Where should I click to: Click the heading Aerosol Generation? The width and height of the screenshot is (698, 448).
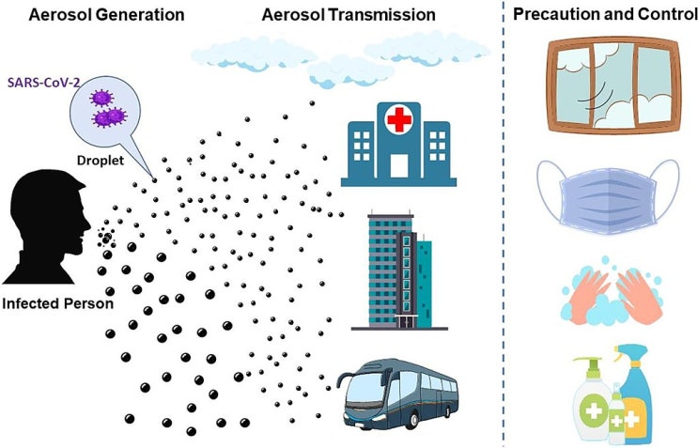tap(106, 15)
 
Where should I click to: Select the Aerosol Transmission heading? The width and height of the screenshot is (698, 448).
tap(349, 15)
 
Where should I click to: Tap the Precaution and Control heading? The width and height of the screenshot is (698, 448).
tap(605, 14)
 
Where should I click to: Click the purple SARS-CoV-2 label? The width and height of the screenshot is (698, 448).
tap(43, 83)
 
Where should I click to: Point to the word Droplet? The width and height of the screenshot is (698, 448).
tap(101, 161)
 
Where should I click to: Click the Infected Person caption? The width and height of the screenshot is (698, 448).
tap(58, 303)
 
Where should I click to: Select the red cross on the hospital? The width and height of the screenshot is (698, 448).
tap(399, 119)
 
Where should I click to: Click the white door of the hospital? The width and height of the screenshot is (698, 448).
tap(399, 166)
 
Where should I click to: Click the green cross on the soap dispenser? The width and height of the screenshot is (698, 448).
tap(594, 409)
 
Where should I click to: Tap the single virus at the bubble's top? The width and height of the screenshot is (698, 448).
tap(101, 99)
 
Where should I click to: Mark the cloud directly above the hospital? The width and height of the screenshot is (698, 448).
tap(351, 71)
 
